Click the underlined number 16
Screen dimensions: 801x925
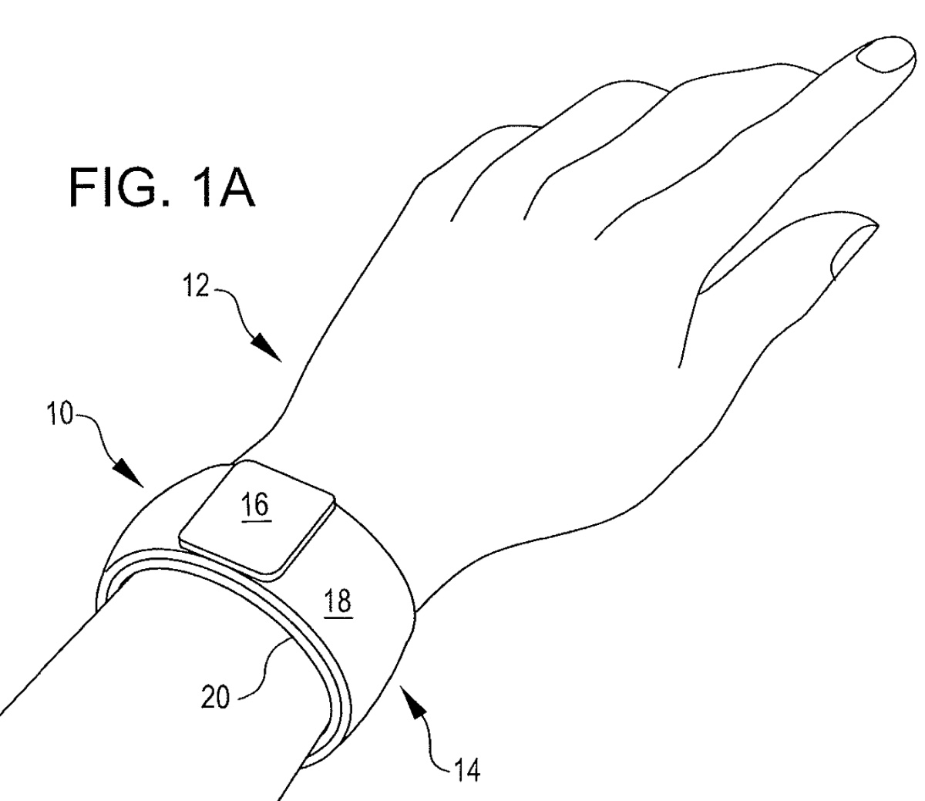click(x=256, y=507)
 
